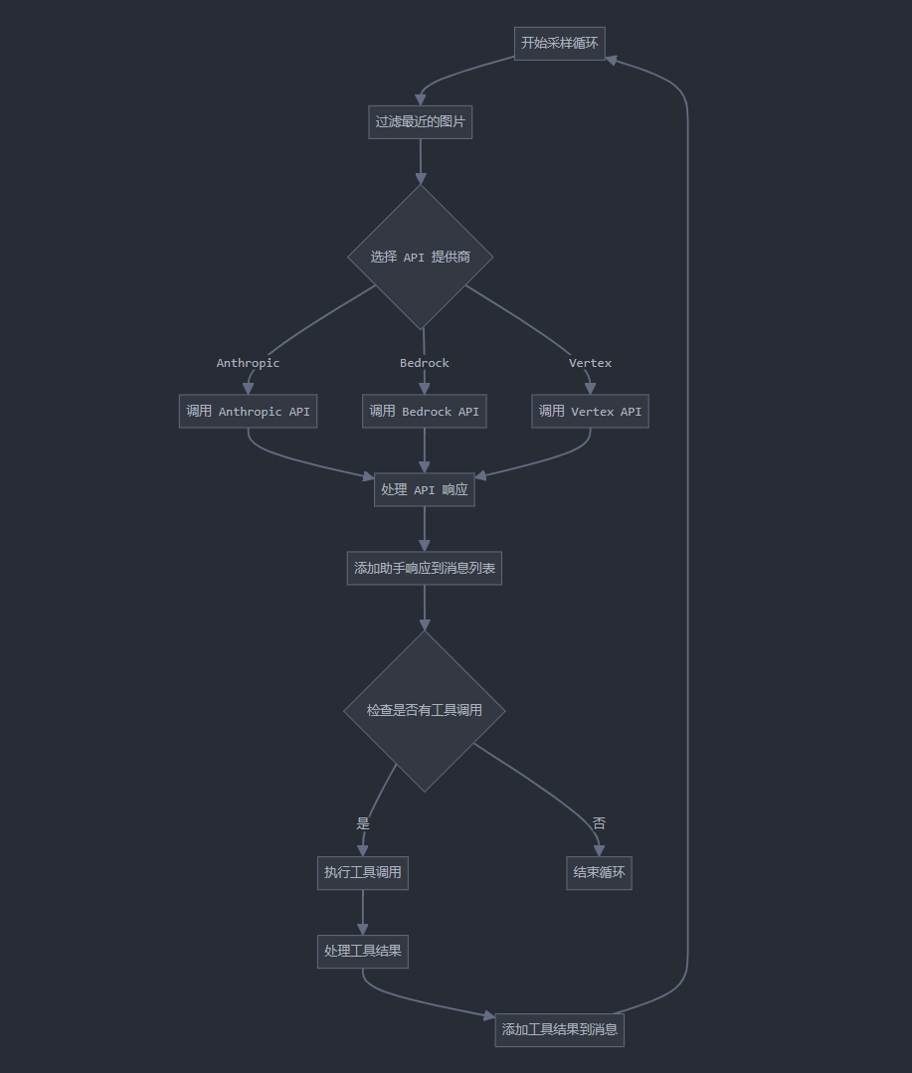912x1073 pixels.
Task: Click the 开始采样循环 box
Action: pyautogui.click(x=560, y=43)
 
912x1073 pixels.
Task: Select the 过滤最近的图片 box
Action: pyautogui.click(x=420, y=122)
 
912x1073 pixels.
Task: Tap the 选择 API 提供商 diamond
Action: pyautogui.click(x=420, y=257)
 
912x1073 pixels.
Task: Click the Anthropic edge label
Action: pyautogui.click(x=248, y=363)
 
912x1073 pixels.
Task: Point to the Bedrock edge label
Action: pyautogui.click(x=425, y=363)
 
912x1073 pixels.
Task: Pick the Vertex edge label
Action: pyautogui.click(x=590, y=363)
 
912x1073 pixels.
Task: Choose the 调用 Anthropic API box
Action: pyautogui.click(x=248, y=412)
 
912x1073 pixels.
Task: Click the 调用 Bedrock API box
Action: pyautogui.click(x=425, y=412)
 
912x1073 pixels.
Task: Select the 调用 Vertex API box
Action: pyautogui.click(x=590, y=412)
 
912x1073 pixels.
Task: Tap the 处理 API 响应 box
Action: pyautogui.click(x=425, y=489)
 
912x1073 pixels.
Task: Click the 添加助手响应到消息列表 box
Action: pyautogui.click(x=425, y=569)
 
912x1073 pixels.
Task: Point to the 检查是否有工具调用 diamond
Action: pyautogui.click(x=425, y=711)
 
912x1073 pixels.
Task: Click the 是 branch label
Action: pyautogui.click(x=363, y=823)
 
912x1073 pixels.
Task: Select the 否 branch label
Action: pyautogui.click(x=599, y=823)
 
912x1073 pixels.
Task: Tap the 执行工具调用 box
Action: pyautogui.click(x=363, y=873)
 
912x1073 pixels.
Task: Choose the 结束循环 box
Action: pyautogui.click(x=599, y=873)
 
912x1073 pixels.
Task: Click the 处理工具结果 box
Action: pyautogui.click(x=363, y=952)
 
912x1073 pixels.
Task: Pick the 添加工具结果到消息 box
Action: pyautogui.click(x=560, y=1029)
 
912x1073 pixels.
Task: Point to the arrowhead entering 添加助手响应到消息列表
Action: pyautogui.click(x=425, y=545)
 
